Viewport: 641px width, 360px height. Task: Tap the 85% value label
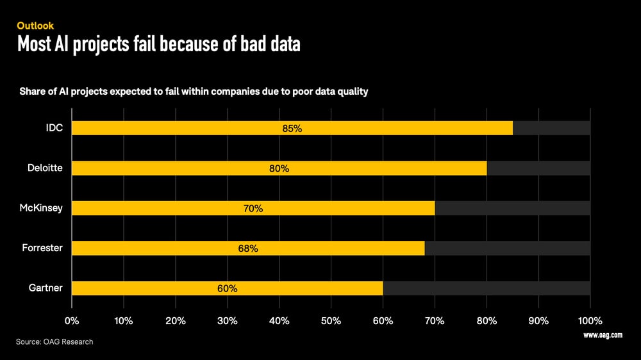click(292, 128)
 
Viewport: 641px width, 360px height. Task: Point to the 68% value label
click(248, 249)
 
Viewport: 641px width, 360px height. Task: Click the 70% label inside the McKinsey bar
click(253, 208)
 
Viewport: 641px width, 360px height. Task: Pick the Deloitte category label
click(45, 168)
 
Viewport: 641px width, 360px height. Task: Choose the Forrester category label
click(43, 248)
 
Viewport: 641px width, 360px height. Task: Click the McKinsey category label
click(42, 208)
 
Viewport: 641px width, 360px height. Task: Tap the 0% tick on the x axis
click(72, 320)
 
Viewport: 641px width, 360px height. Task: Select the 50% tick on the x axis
click(331, 320)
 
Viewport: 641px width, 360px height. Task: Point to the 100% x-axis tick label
click(590, 320)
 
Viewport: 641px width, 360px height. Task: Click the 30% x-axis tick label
click(228, 320)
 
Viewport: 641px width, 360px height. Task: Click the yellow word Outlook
click(35, 26)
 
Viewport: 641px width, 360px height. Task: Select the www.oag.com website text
click(603, 335)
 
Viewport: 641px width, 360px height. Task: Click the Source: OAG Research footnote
click(54, 341)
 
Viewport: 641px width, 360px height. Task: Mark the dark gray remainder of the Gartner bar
click(486, 288)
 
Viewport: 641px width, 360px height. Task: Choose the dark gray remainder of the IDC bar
click(551, 128)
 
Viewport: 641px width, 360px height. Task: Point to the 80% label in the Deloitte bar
click(279, 168)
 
